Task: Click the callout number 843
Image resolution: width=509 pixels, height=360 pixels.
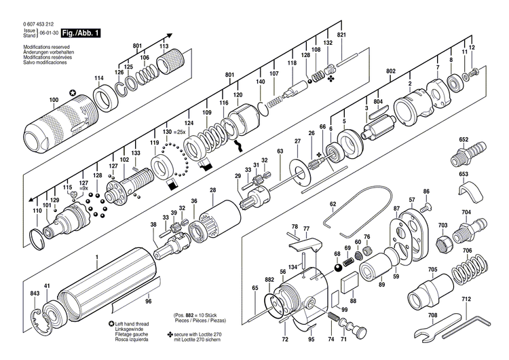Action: coord(34,293)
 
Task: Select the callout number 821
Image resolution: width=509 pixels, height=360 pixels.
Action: coord(341,35)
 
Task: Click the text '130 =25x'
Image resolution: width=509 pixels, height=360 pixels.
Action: coord(174,130)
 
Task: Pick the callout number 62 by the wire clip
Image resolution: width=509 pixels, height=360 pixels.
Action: coord(333,203)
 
